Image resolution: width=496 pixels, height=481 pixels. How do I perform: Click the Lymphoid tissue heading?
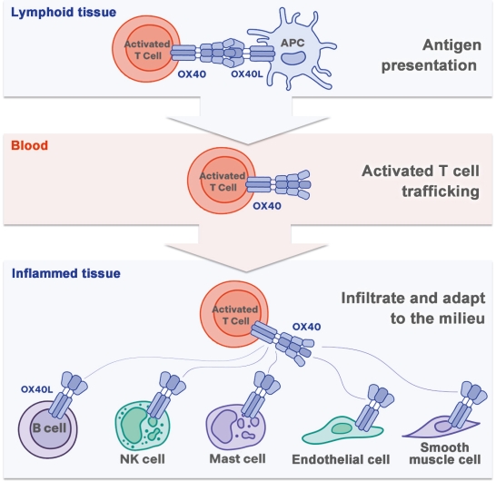pyautogui.click(x=64, y=13)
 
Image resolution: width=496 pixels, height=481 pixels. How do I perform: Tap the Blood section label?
pyautogui.click(x=29, y=146)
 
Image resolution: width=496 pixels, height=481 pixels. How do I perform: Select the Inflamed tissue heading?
pyautogui.click(x=65, y=273)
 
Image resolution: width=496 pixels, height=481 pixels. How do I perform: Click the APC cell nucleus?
pyautogui.click(x=293, y=58)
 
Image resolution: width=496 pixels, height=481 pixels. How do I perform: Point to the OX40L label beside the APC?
pyautogui.click(x=247, y=74)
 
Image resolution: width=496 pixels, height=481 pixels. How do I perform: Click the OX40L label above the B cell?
pyautogui.click(x=36, y=389)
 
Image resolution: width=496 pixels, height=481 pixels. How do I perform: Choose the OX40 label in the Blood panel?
pyautogui.click(x=267, y=206)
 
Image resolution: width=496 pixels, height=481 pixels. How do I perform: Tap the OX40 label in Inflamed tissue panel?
pyautogui.click(x=306, y=327)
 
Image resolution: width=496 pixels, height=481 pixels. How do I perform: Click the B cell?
pyautogui.click(x=48, y=429)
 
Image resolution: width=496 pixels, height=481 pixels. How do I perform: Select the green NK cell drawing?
pyautogui.click(x=142, y=426)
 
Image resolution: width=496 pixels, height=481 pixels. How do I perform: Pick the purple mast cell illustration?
pyautogui.click(x=235, y=427)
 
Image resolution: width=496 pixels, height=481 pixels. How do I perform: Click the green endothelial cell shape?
pyautogui.click(x=342, y=430)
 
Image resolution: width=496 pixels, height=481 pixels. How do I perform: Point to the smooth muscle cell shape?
pyautogui.click(x=441, y=427)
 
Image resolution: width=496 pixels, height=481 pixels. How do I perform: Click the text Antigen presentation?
pyautogui.click(x=432, y=55)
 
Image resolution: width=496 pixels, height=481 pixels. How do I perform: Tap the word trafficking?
pyautogui.click(x=441, y=191)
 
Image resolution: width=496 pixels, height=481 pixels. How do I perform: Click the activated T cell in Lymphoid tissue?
pyautogui.click(x=146, y=48)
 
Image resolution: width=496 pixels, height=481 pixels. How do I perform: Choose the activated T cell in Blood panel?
pyautogui.click(x=222, y=181)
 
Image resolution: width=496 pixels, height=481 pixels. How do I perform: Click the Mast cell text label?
pyautogui.click(x=238, y=459)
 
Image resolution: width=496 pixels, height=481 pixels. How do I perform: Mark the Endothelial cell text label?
pyautogui.click(x=341, y=459)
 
